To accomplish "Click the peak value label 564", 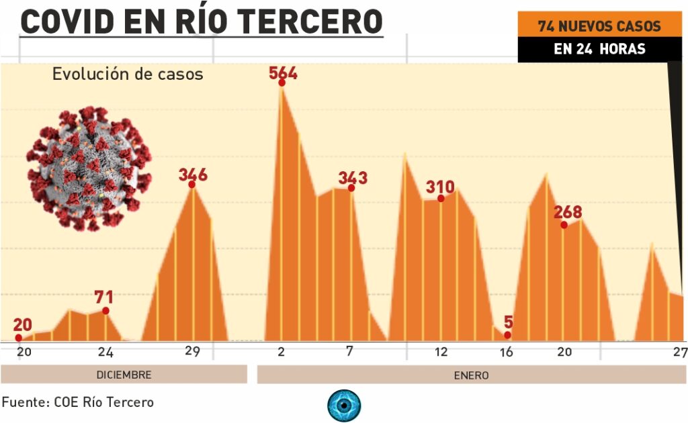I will [283, 73].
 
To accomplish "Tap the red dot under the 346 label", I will [192, 185].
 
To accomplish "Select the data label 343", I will [353, 178].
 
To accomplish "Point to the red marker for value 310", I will [441, 198].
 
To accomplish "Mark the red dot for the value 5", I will [507, 334].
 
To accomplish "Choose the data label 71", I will [103, 297].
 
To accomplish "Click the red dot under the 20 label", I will [18, 338].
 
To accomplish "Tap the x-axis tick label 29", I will [192, 352].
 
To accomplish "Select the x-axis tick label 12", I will [441, 352].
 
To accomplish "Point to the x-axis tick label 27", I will [680, 352].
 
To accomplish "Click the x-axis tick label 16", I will [507, 352].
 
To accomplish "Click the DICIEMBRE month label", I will [124, 375].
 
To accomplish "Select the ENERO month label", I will [470, 375].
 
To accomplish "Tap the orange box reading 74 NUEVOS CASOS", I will [599, 26].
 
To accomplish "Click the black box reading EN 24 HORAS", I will [599, 48].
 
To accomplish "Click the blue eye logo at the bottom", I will [344, 406].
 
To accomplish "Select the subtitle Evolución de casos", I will [128, 74].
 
